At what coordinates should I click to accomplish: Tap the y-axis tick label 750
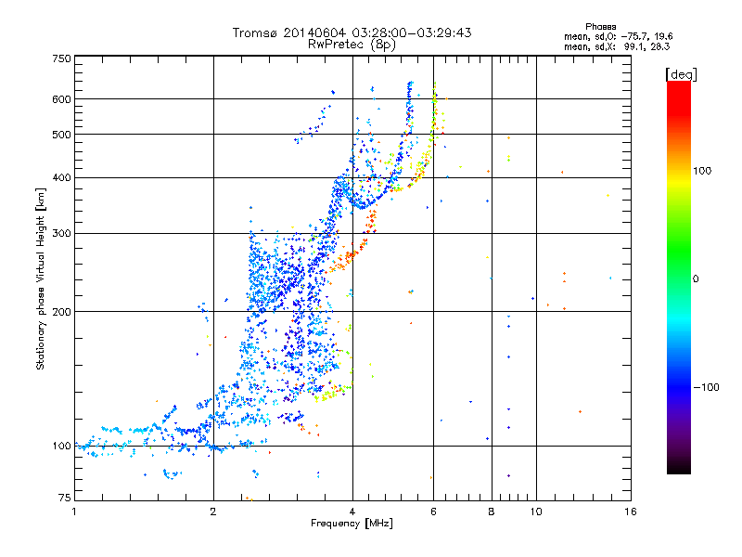point(62,58)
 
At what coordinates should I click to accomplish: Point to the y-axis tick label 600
point(62,99)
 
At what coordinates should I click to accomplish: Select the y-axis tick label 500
point(62,135)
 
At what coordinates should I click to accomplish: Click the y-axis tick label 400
point(62,177)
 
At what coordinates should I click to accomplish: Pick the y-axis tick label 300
point(62,233)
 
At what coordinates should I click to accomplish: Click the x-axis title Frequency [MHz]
point(352,524)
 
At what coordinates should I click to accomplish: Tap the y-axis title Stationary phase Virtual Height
point(41,278)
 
